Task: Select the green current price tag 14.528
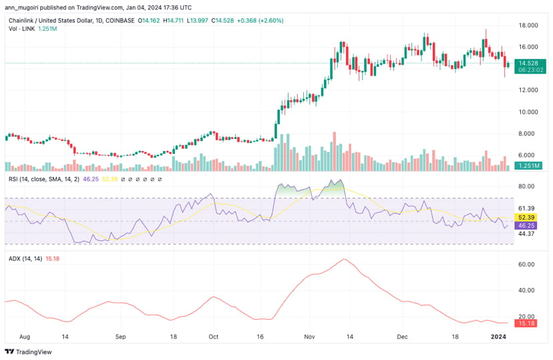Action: [526, 62]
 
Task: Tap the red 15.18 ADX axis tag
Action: [526, 323]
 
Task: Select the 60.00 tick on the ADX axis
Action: [526, 264]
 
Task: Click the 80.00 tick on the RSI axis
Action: [526, 186]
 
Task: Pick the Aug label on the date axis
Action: [25, 338]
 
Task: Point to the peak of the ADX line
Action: [344, 260]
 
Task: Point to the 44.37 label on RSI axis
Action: [526, 233]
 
